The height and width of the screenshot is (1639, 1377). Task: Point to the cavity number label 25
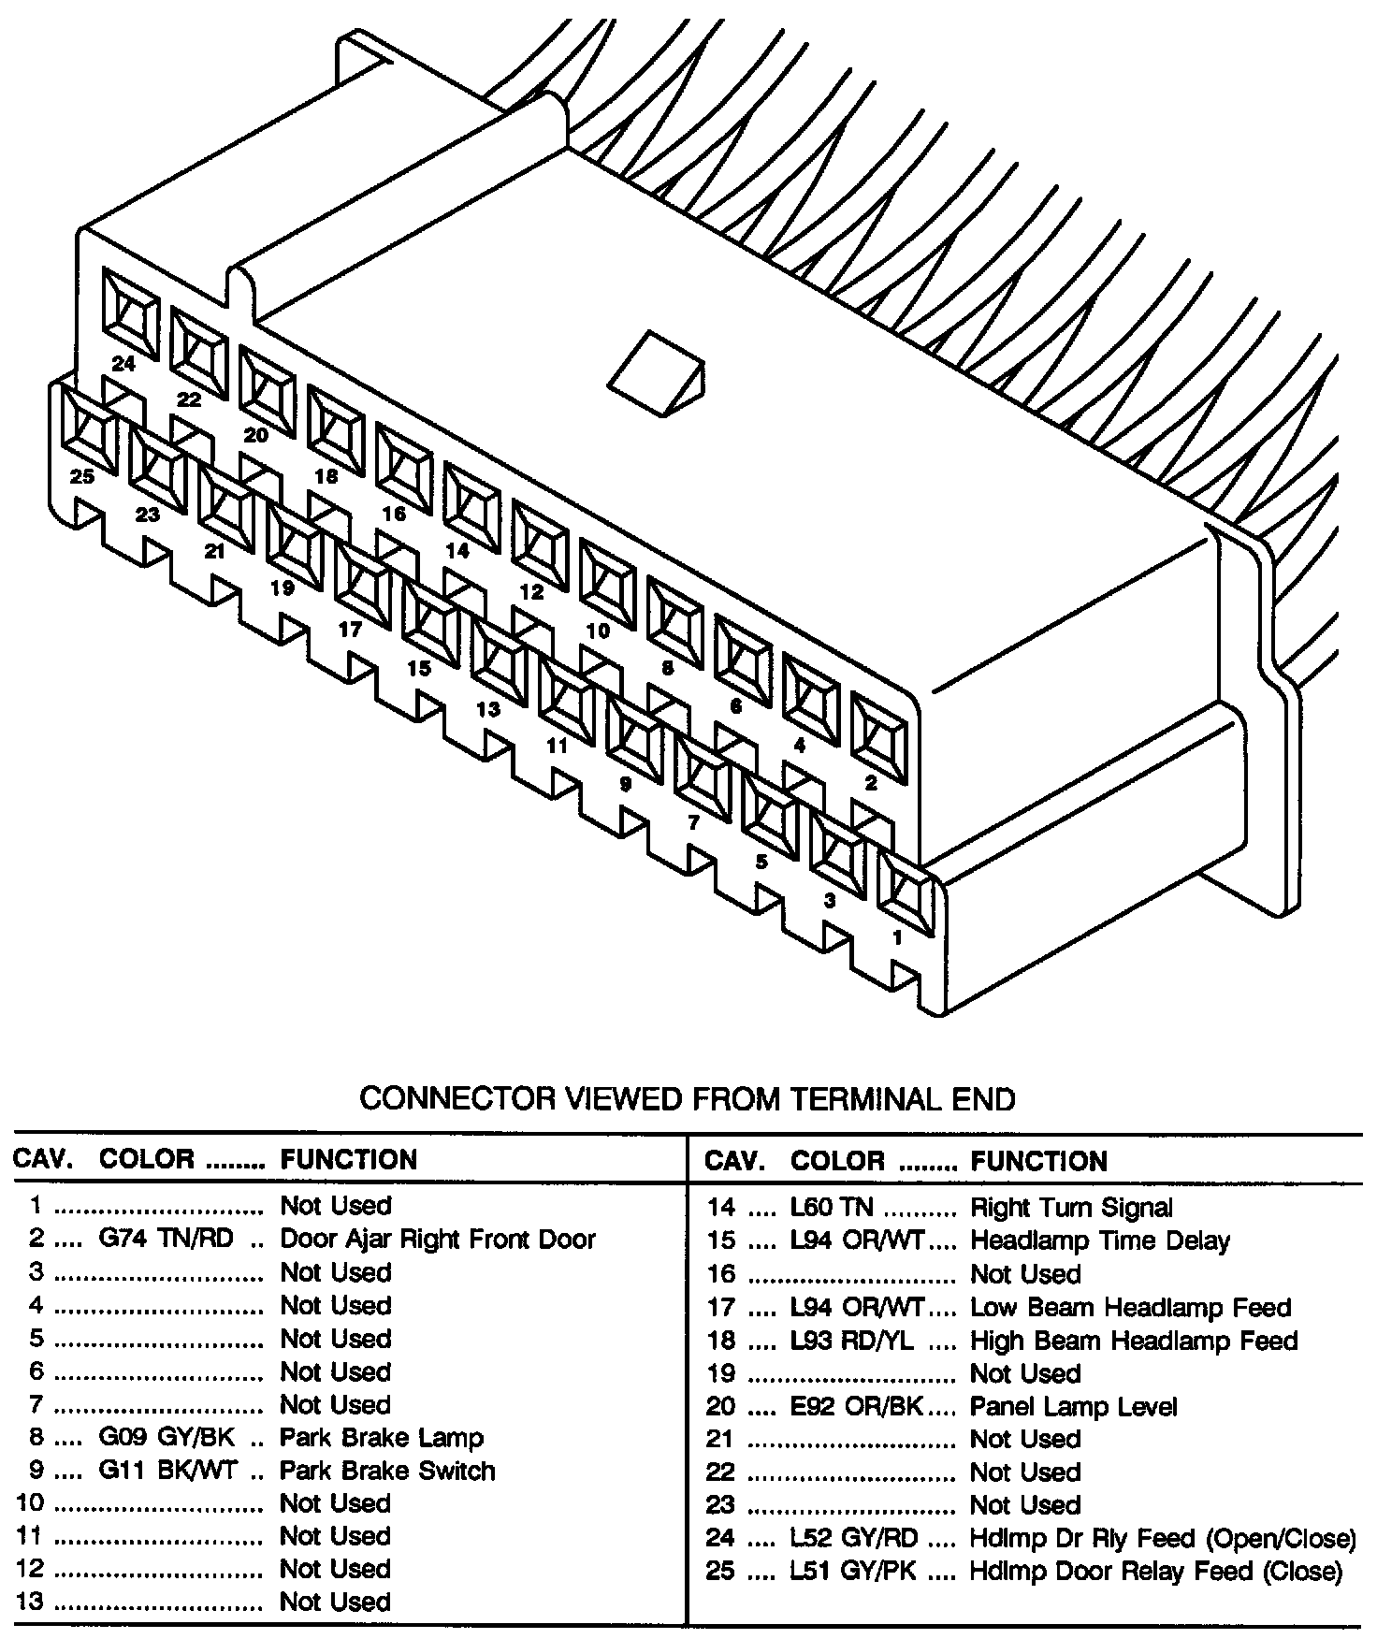82,477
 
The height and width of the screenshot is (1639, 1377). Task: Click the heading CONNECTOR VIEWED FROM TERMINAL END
688,1097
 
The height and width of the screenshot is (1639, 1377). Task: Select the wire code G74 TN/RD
166,1239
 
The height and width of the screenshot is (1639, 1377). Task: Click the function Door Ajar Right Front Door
438,1239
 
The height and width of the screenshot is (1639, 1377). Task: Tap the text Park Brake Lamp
382,1437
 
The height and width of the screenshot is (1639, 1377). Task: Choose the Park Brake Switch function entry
387,1471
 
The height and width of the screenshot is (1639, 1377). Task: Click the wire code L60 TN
832,1208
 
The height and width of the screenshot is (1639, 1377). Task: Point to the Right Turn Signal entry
1071,1208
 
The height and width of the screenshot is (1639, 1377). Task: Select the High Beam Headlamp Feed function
1134,1341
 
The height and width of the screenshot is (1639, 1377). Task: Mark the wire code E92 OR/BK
857,1407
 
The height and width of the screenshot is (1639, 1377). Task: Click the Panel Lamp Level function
1074,1407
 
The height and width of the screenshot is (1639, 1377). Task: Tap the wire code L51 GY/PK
854,1571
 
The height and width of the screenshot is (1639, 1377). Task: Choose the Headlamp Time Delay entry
1100,1241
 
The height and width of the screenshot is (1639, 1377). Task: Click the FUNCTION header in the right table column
1038,1161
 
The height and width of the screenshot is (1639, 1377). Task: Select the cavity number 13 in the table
30,1602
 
